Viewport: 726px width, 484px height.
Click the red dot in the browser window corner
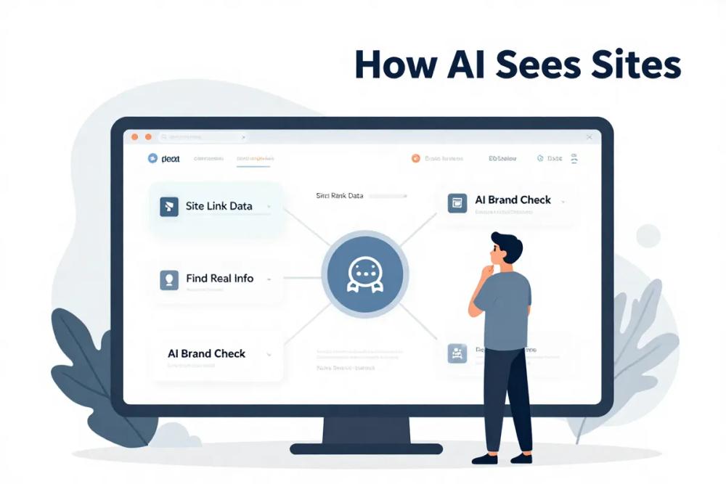(134, 136)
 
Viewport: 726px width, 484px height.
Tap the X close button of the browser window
(589, 136)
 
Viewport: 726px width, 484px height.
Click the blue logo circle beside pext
(152, 158)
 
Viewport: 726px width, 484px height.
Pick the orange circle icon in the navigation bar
(415, 158)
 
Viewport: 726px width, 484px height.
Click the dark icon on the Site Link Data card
(168, 207)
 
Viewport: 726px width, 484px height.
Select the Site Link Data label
(219, 206)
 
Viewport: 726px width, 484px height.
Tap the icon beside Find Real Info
(168, 279)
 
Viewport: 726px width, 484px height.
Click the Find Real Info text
(219, 278)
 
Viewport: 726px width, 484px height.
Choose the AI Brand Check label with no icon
(206, 353)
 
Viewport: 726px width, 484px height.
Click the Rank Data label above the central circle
(340, 196)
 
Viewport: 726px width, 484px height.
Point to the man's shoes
(501, 458)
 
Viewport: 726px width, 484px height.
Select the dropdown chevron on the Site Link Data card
(269, 208)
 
